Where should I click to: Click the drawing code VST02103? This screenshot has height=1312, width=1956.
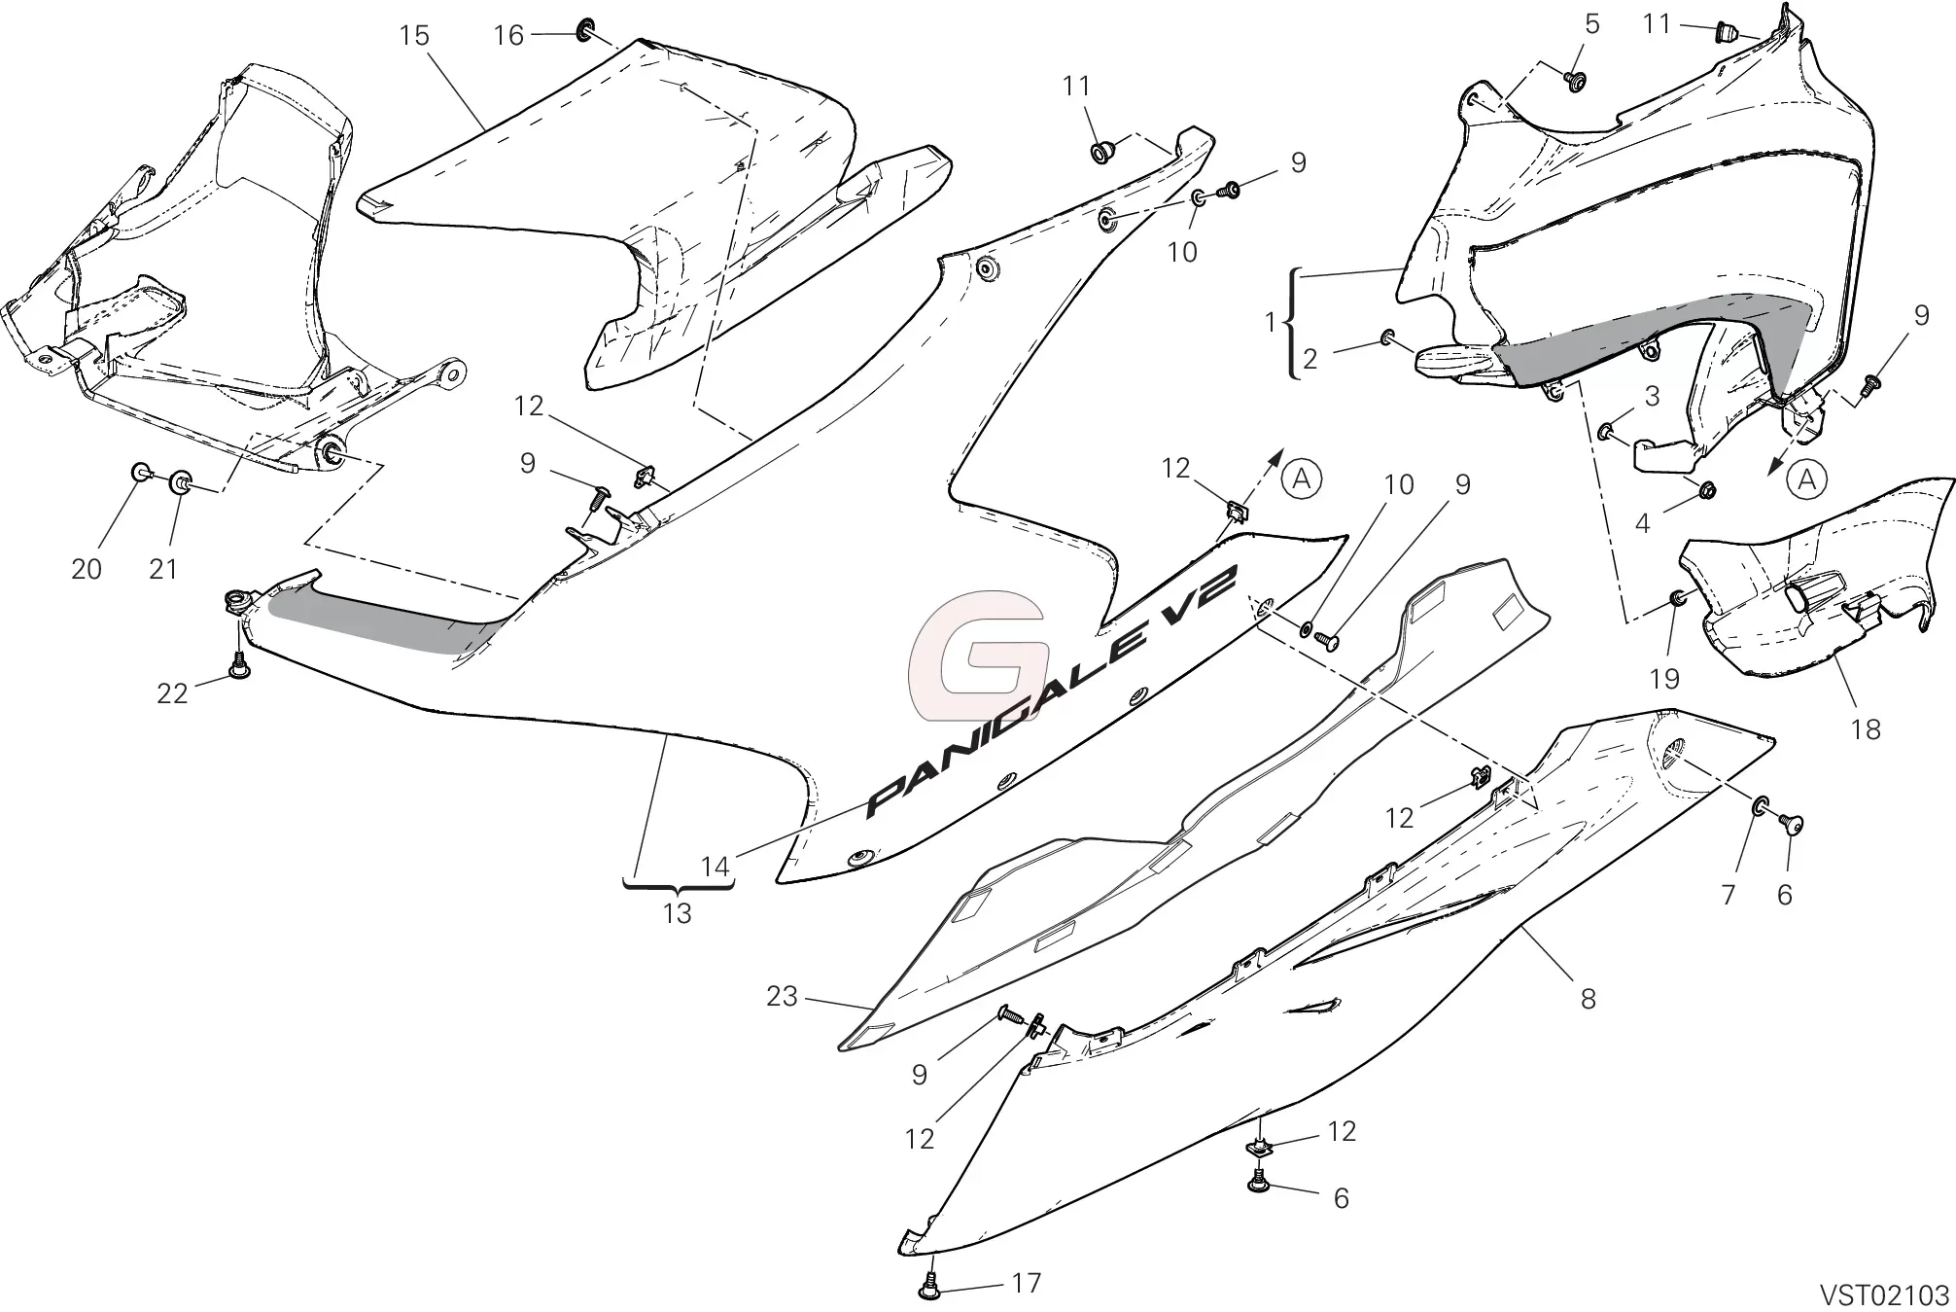coord(1885,1295)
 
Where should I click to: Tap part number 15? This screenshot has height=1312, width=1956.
coord(414,36)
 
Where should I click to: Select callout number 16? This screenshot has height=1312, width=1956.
coord(508,36)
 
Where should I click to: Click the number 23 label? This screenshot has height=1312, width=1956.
coord(782,996)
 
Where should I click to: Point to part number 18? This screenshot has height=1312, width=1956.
coord(1866,729)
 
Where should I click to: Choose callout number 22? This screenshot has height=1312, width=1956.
coord(172,693)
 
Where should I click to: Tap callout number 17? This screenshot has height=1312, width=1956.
coord(1027,1284)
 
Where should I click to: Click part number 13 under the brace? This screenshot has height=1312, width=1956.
coord(678,913)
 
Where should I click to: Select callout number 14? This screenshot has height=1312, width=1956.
coord(716,867)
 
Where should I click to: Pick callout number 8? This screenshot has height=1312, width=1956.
coord(1588,999)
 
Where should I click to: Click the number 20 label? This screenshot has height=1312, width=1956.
coord(87,569)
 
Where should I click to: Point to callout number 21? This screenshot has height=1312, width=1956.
coord(163,569)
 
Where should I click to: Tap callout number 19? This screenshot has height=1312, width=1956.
coord(1665,679)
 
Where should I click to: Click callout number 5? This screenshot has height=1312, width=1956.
coord(1591,24)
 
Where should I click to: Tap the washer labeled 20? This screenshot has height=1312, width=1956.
coord(140,473)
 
